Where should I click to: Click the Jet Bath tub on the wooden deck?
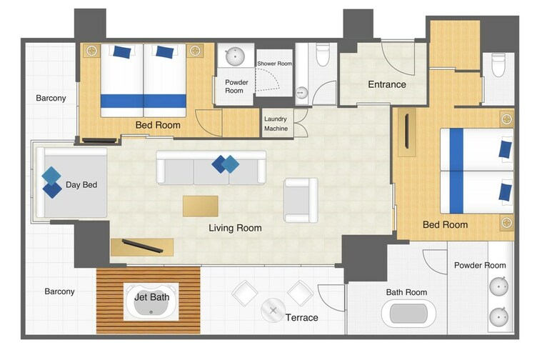tap(151, 301)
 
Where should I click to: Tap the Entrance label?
tap(387, 84)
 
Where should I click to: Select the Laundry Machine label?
tap(276, 124)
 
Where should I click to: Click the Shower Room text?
tap(275, 64)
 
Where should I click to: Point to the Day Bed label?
tap(81, 185)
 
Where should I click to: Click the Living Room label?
tap(235, 228)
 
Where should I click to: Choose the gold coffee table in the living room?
tap(201, 206)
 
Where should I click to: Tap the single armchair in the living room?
tap(301, 200)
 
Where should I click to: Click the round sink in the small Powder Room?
tap(235, 56)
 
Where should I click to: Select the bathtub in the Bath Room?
tap(408, 314)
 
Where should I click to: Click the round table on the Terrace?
tap(273, 310)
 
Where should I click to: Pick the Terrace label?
tap(301, 318)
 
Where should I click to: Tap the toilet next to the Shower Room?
tap(323, 54)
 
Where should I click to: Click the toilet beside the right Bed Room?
tap(498, 65)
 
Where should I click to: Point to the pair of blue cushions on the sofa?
tap(225, 164)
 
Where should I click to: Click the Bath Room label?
tap(406, 292)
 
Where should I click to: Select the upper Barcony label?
tap(51, 98)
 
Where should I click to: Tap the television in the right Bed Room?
tap(407, 131)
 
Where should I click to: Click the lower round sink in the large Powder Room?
tap(498, 317)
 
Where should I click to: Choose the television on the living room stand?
tap(142, 246)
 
